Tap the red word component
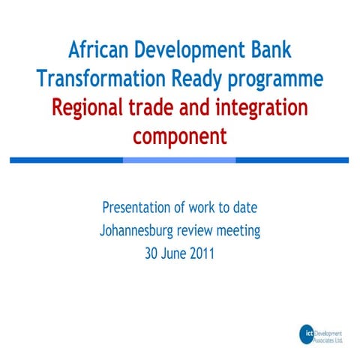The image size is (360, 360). (x=179, y=136)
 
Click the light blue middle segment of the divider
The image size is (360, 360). (x=179, y=160)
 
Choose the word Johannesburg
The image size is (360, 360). (x=143, y=230)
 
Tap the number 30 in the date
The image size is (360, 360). (x=151, y=253)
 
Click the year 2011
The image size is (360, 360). (x=202, y=253)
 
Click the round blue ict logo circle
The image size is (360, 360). (x=306, y=334)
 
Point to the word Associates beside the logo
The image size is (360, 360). (x=328, y=338)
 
